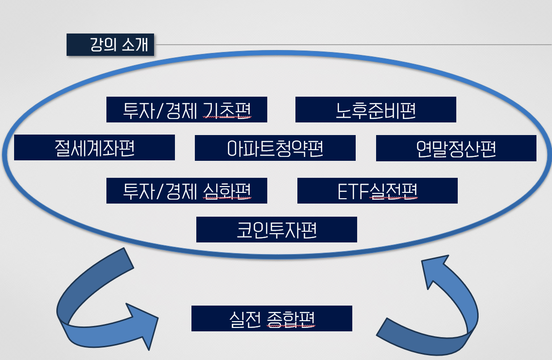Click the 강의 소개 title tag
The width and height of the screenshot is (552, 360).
point(110,45)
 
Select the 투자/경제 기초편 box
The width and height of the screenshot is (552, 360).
point(187,110)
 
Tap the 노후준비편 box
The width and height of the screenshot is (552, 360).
point(376,110)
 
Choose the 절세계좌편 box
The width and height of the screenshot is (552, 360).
point(94,148)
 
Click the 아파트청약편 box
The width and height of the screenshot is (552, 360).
point(275,148)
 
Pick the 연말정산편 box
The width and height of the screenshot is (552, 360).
point(456,148)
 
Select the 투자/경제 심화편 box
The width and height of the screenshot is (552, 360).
point(187,191)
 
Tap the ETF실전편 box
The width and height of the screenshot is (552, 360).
point(377,191)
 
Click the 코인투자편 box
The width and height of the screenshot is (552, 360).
point(276,229)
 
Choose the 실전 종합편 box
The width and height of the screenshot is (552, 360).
point(272,319)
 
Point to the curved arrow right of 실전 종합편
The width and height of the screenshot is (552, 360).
point(437,311)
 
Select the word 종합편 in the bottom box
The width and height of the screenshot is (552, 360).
point(291,319)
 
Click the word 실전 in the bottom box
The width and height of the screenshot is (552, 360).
point(244,319)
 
